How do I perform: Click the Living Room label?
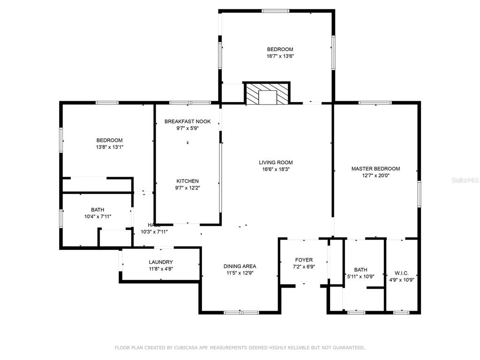coord(276,163)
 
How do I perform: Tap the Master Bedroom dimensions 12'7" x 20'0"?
coord(375,176)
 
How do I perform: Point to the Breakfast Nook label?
coord(187,121)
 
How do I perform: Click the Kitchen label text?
coord(187,181)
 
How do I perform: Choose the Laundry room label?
coord(161,262)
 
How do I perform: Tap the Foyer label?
coord(304,260)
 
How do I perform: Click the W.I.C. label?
coord(401,273)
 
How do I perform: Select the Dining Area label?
coord(240,266)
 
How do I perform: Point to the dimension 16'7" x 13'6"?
coord(280,56)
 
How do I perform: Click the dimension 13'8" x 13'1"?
coord(110,147)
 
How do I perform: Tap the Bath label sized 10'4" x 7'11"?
coord(97,210)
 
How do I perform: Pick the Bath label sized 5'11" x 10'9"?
coord(360,270)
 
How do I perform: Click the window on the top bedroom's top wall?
coord(275,11)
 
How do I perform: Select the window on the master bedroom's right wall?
coord(419,194)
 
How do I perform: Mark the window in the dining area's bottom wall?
coord(241,313)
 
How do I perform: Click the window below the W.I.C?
coord(401,313)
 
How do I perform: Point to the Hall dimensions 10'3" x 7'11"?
coord(154,232)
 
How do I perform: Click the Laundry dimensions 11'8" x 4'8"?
coord(161,269)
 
